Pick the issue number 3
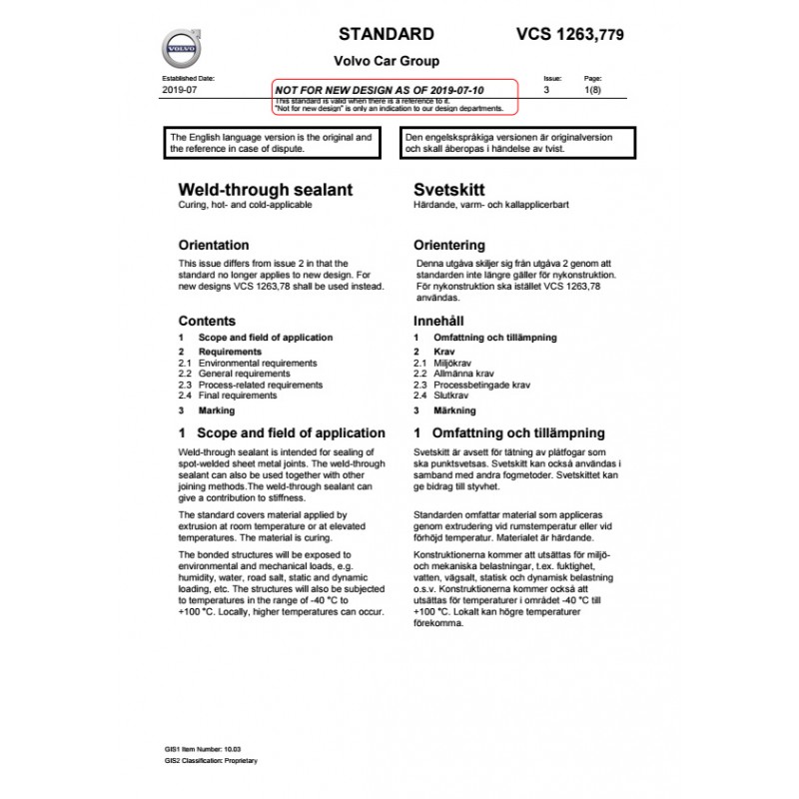[x=546, y=89]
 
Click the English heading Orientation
[x=213, y=245]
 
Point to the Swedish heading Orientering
[x=449, y=245]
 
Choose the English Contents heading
[x=207, y=322]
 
